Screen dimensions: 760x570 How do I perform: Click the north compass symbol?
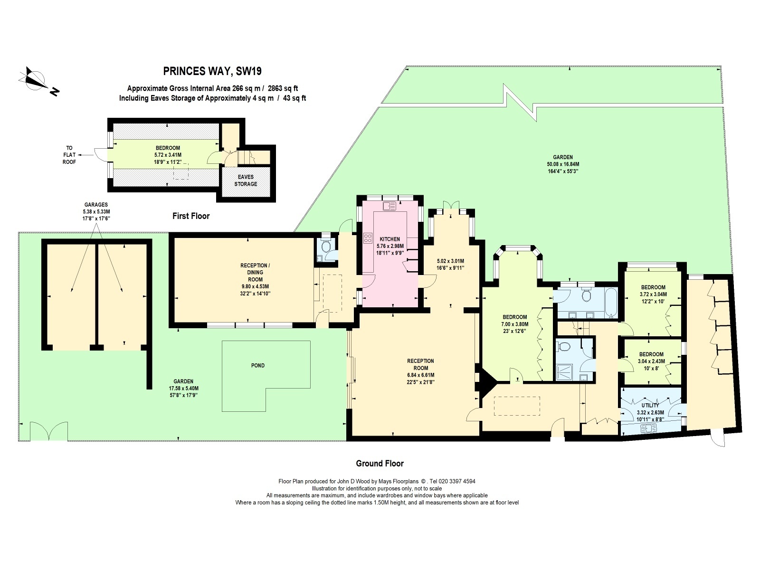(38, 81)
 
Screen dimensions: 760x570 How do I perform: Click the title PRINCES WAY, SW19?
(212, 71)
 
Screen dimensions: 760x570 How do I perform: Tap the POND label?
(257, 365)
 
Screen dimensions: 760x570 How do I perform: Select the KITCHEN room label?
(390, 239)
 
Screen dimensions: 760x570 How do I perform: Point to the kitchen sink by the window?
(389, 206)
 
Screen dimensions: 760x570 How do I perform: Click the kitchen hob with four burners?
(368, 238)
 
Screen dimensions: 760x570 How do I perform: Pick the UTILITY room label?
(650, 405)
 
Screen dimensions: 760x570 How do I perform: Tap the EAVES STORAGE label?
(246, 180)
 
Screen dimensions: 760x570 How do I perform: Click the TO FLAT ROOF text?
(69, 155)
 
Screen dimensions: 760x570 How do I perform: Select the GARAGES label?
(96, 205)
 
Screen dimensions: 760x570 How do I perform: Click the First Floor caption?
(191, 216)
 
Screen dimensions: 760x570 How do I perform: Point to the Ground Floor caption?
(380, 464)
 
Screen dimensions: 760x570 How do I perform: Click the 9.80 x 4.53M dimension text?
(255, 286)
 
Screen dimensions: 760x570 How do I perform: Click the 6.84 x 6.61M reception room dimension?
(420, 375)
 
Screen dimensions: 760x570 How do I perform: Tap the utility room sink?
(649, 429)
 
